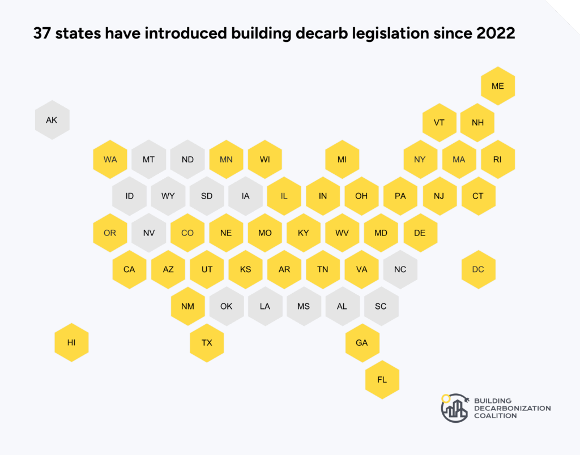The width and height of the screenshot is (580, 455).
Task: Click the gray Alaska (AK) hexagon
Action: [x=52, y=120]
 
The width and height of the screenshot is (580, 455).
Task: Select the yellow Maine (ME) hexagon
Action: [x=498, y=86]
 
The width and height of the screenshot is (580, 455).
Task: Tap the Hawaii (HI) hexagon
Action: [x=71, y=342]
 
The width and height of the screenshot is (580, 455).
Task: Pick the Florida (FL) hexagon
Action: [x=382, y=379]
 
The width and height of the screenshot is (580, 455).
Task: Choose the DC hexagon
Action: [x=478, y=269]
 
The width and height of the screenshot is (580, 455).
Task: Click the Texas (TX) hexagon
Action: [x=207, y=342]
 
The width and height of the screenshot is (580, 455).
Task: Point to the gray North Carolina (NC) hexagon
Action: [x=400, y=269]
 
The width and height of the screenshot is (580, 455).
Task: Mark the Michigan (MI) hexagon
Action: [x=342, y=159]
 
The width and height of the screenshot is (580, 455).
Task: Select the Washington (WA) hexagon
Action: [x=110, y=159]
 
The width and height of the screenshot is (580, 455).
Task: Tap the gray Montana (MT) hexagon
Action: [x=148, y=159]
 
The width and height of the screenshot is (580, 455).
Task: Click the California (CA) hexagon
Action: [x=129, y=269]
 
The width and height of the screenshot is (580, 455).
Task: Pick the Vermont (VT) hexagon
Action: [x=439, y=122]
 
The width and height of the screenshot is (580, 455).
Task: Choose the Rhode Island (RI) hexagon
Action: [x=497, y=159]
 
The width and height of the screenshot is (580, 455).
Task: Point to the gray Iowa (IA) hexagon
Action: [x=245, y=196]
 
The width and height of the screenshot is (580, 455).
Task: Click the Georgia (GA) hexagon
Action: [x=362, y=342]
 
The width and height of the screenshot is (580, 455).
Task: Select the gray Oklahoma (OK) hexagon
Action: [x=226, y=306]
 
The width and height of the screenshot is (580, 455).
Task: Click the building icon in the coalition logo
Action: [x=455, y=407]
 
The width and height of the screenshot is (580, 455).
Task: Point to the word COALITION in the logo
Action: [x=496, y=415]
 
